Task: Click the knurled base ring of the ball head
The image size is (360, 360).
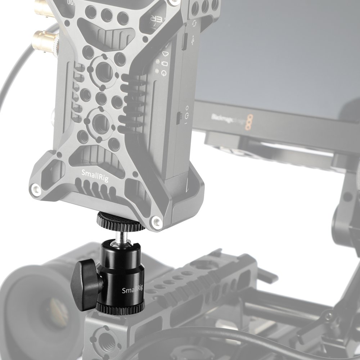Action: click(121, 307)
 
